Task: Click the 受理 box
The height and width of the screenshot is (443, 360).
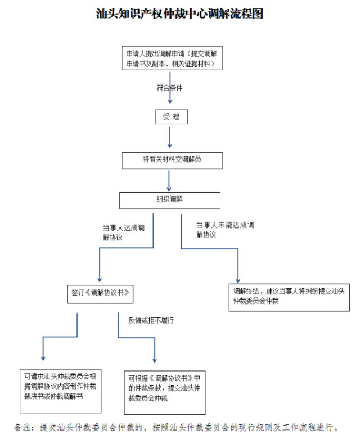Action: [171, 117]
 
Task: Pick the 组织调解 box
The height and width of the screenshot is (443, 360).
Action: [169, 200]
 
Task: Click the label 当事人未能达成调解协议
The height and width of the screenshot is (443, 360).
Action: [225, 230]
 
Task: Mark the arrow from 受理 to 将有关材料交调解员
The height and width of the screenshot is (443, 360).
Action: [170, 137]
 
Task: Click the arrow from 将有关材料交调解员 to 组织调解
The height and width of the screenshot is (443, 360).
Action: [169, 180]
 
